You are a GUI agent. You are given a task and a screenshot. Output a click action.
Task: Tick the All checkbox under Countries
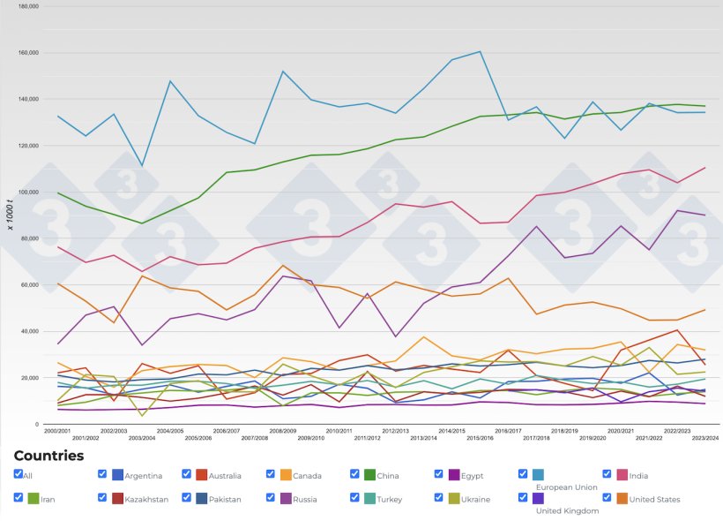pos(19,474)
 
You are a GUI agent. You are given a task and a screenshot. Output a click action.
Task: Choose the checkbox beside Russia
pos(271,498)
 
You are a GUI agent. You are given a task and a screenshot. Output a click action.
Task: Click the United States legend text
pos(655,500)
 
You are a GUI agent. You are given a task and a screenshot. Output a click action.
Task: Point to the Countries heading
pos(48,456)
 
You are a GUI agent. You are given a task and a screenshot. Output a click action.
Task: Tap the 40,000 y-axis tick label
pos(30,331)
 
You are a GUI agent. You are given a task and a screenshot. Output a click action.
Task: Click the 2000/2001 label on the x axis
pos(57,431)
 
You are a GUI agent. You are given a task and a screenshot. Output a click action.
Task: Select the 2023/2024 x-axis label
pos(704,438)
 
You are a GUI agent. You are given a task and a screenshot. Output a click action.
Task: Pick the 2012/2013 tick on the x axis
pos(396,431)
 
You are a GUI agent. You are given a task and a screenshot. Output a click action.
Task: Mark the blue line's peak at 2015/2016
pos(481,51)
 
